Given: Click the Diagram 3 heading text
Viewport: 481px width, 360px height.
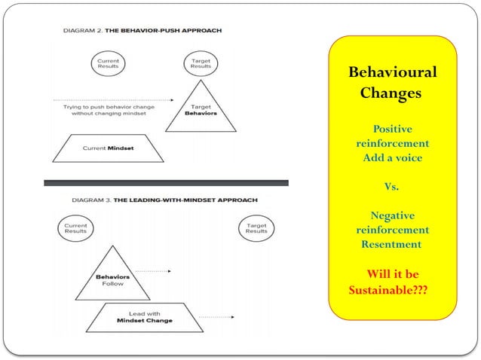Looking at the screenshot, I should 164,200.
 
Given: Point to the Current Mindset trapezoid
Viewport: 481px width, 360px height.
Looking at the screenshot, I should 108,148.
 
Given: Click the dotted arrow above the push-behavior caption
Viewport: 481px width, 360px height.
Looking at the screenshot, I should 113,99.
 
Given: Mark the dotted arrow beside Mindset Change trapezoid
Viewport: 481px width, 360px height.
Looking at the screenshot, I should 219,317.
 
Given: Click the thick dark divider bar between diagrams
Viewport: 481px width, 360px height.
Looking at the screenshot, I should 166,182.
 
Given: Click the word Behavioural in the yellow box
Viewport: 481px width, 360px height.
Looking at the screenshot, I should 392,74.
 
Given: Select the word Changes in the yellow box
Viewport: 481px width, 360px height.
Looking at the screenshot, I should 391,94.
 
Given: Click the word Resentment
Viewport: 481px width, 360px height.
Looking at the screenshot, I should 391,244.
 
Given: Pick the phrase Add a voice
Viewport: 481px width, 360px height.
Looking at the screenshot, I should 392,157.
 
